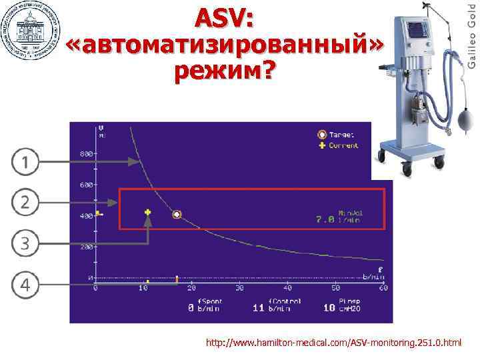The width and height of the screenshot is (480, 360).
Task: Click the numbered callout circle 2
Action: pos(24,202)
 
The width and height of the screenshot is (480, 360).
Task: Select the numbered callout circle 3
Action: pos(24,243)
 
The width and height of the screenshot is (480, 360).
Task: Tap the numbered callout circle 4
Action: pos(24,285)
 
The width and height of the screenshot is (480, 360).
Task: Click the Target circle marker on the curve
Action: pos(177,214)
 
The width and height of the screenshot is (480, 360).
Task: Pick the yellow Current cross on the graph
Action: pos(147,213)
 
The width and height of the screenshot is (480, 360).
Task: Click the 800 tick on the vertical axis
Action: pos(87,154)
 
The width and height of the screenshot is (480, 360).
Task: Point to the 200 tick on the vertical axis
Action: pos(87,247)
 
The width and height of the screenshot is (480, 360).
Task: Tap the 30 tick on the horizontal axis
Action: pos(239,288)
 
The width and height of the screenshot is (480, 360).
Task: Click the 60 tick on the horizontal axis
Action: pos(383,288)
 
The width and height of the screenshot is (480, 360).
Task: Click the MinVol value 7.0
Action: pos(325,218)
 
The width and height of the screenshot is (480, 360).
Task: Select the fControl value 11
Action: pos(258,309)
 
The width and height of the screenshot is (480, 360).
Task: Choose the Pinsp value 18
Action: pos(329,309)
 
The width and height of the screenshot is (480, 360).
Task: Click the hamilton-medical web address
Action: pos(333,343)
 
